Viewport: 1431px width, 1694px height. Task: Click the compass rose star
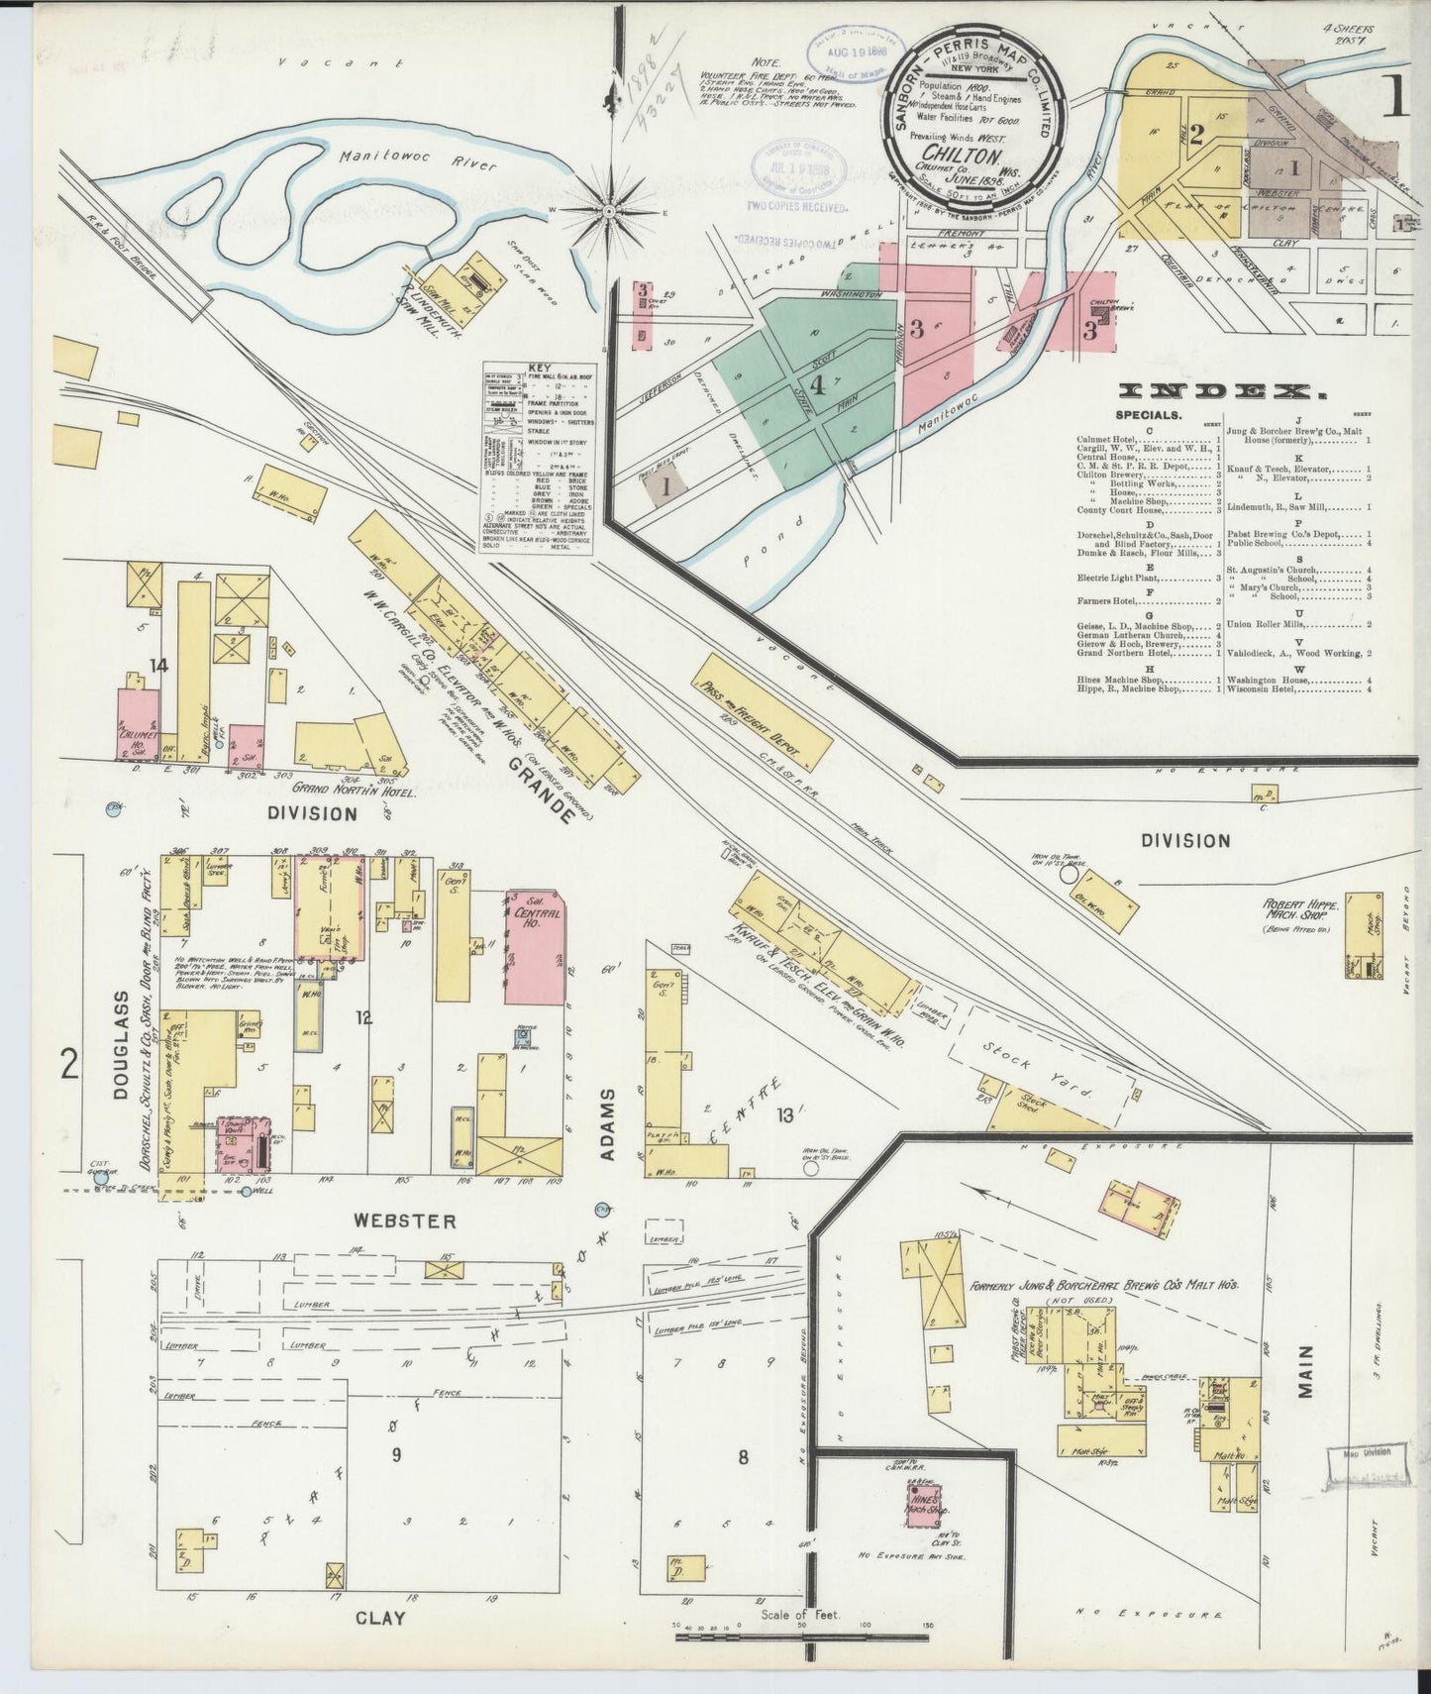pos(610,210)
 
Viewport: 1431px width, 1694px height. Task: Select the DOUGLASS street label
pos(121,1044)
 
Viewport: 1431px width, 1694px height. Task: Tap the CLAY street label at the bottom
pos(380,1618)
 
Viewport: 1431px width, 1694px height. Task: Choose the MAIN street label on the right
pos(1305,1371)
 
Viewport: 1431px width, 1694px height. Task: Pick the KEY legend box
pos(536,457)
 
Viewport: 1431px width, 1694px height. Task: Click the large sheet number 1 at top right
pos(1398,96)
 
